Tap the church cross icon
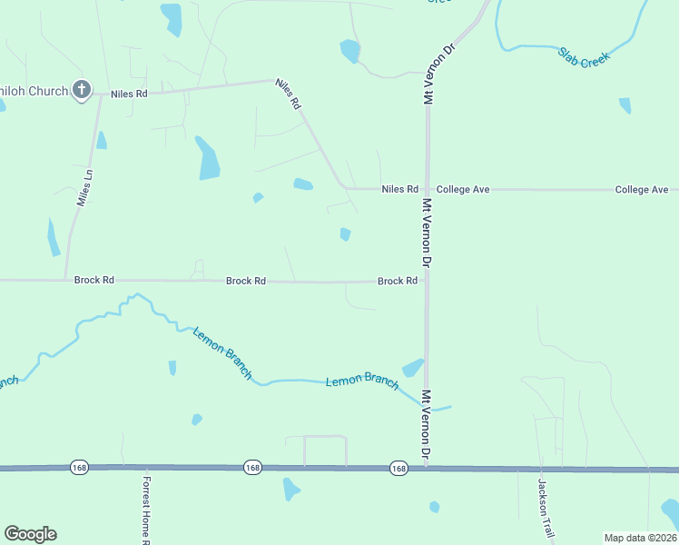81,90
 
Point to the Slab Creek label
585,55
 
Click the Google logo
30,534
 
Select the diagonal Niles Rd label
288,94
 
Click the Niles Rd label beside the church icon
129,94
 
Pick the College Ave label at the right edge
642,190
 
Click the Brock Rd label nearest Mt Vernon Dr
398,282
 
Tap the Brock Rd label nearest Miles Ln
94,282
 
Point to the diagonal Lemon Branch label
221,352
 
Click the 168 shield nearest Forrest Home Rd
79,467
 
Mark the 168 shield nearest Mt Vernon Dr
399,468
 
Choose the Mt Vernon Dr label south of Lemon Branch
426,424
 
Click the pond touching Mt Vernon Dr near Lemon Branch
414,368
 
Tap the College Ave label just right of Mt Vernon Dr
463,190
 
